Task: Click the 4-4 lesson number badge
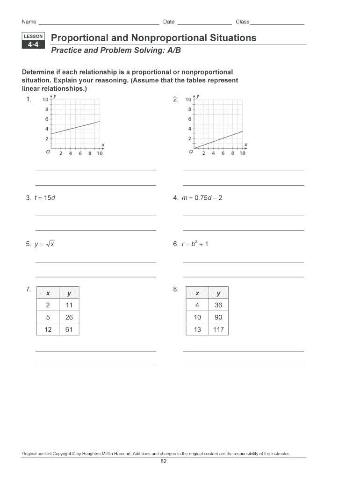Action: [x=33, y=45]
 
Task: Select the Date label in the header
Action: [x=168, y=22]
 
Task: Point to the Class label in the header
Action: [x=242, y=22]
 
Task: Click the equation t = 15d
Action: [x=45, y=198]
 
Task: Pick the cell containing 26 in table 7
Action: [x=69, y=318]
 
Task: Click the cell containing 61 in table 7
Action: [x=69, y=330]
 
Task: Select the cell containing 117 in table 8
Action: [x=218, y=330]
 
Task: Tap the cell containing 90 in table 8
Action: [x=218, y=318]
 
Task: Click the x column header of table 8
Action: [x=197, y=293]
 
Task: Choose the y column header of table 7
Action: [x=69, y=293]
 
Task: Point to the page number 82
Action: [x=164, y=461]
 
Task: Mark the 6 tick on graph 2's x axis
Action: [x=223, y=153]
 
